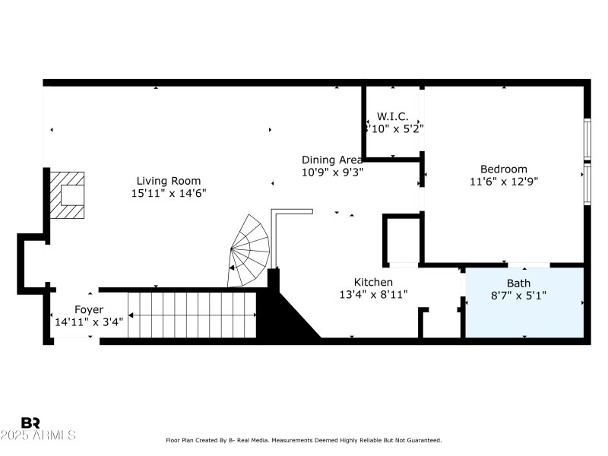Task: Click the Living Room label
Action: pyautogui.click(x=168, y=181)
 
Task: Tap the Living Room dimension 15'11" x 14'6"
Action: pyautogui.click(x=168, y=193)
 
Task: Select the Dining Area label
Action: pyautogui.click(x=332, y=160)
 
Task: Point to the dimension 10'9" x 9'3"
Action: pyautogui.click(x=332, y=172)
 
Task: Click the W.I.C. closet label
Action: pyautogui.click(x=392, y=116)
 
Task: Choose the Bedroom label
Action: pyautogui.click(x=503, y=169)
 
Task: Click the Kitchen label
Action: pyautogui.click(x=373, y=282)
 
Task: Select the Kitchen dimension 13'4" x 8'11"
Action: pyautogui.click(x=373, y=294)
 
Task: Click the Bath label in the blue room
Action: pyautogui.click(x=519, y=283)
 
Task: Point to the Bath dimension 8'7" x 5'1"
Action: pyautogui.click(x=519, y=296)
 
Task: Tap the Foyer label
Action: pyautogui.click(x=88, y=309)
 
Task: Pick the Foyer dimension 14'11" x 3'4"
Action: pyautogui.click(x=88, y=321)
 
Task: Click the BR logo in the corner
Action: pyautogui.click(x=30, y=423)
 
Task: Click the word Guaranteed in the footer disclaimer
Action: pyautogui.click(x=424, y=440)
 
